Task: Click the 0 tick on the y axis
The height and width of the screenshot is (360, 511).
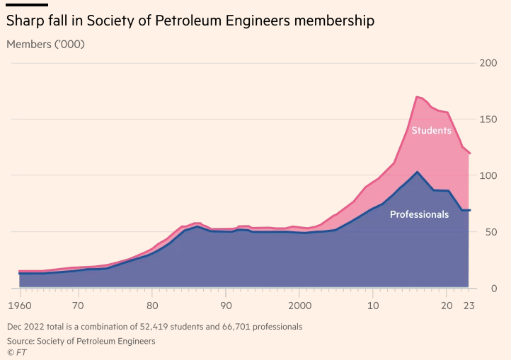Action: pyautogui.click(x=493, y=289)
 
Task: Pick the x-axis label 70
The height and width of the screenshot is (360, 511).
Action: pyautogui.click(x=78, y=306)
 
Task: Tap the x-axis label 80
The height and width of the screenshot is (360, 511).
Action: pyautogui.click(x=151, y=306)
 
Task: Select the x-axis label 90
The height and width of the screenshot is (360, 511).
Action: pyautogui.click(x=225, y=306)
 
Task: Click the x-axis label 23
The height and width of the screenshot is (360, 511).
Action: pyautogui.click(x=469, y=306)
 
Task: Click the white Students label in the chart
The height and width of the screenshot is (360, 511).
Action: pyautogui.click(x=431, y=130)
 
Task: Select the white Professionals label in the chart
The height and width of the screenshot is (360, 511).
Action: pyautogui.click(x=419, y=214)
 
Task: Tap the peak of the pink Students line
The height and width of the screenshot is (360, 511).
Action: pyautogui.click(x=417, y=96)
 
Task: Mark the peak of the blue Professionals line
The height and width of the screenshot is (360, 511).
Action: pyautogui.click(x=418, y=171)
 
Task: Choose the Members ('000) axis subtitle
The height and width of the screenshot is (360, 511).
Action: pyautogui.click(x=45, y=44)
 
